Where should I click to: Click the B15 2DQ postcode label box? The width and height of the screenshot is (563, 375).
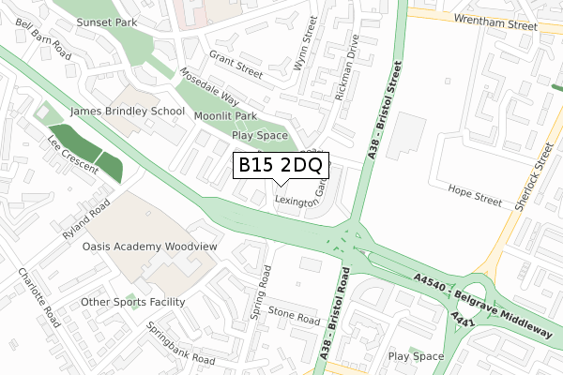click(x=280, y=166)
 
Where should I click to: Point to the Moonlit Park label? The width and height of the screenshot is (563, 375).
click(x=225, y=116)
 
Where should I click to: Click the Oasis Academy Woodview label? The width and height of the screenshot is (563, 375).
click(x=150, y=247)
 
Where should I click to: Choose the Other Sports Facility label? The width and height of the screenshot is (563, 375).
click(x=132, y=302)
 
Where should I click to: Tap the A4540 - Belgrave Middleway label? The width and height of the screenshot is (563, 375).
click(x=481, y=296)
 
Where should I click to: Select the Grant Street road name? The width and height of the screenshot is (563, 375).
click(x=236, y=63)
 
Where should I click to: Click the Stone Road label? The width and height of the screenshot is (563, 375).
click(x=295, y=314)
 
